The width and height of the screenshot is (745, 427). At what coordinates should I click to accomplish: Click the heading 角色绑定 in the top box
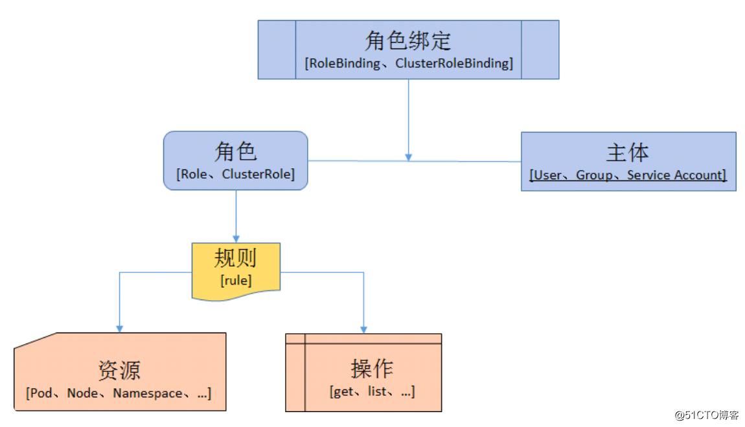(x=408, y=41)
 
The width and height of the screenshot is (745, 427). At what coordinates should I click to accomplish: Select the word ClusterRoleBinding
(x=453, y=63)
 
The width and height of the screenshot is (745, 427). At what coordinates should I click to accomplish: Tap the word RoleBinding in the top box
(x=344, y=63)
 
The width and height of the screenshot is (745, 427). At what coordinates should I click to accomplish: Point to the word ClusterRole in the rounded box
(x=257, y=174)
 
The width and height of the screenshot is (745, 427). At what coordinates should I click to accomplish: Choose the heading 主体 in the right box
(x=628, y=153)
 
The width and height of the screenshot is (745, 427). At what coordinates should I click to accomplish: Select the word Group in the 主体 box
(x=593, y=175)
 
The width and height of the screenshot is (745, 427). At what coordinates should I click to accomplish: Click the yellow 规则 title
(x=236, y=258)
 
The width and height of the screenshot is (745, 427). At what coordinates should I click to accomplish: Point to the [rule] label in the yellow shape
(x=236, y=280)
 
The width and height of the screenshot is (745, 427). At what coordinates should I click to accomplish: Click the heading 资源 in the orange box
(x=119, y=371)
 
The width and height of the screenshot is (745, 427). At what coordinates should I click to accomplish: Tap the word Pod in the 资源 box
(x=41, y=393)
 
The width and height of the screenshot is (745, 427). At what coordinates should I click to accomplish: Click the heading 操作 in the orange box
(x=372, y=369)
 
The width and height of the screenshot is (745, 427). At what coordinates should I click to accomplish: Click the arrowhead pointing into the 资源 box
(x=119, y=328)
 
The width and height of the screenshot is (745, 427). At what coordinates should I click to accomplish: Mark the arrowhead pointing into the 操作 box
(x=363, y=329)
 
